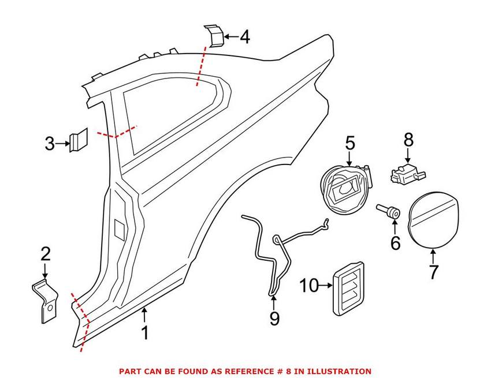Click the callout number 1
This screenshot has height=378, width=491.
[x=145, y=333]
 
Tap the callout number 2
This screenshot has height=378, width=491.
[x=45, y=253]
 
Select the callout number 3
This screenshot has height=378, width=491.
[x=50, y=143]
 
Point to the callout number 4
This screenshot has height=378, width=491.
[x=244, y=38]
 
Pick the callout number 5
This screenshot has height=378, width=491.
[x=349, y=142]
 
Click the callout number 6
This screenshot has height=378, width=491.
[x=395, y=243]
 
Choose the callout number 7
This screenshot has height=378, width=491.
[x=433, y=271]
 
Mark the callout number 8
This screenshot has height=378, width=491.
[x=408, y=139]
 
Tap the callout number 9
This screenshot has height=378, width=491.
[x=274, y=317]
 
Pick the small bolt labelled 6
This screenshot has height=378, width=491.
[x=389, y=212]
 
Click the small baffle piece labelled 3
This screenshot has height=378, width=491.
[x=77, y=140]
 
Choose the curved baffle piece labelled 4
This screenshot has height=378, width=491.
[x=214, y=36]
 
